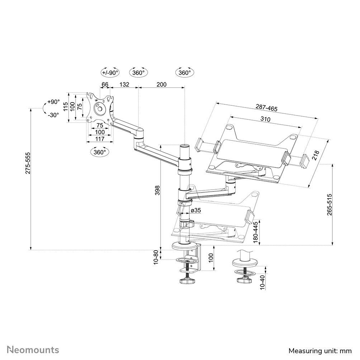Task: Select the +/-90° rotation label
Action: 110,72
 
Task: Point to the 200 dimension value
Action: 162,85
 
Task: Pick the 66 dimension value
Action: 105,85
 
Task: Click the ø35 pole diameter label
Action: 195,210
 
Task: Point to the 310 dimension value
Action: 265,119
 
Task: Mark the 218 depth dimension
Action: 316,155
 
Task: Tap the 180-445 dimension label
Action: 255,232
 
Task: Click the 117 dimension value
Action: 99,139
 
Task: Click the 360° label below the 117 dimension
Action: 99,152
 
